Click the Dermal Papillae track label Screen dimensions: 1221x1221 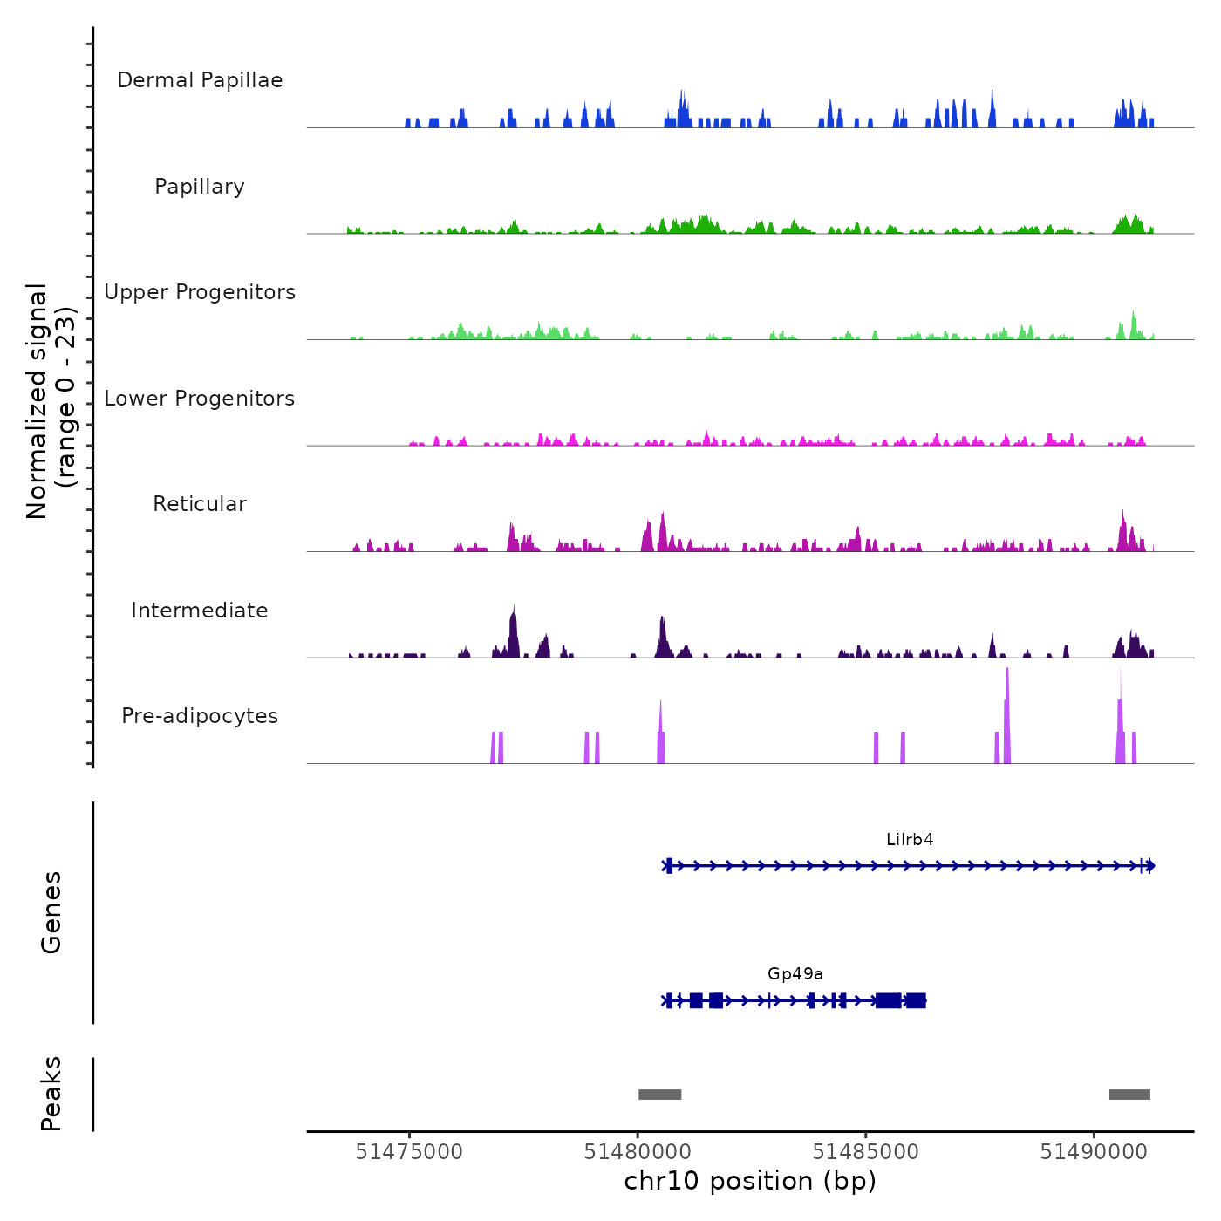coord(200,80)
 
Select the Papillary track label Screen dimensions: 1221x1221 coord(200,187)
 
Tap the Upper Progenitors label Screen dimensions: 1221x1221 coord(200,292)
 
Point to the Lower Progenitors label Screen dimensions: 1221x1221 coord(200,399)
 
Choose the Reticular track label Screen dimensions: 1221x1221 coord(200,504)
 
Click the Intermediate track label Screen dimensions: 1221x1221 coord(200,610)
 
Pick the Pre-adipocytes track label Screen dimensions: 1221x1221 coord(200,716)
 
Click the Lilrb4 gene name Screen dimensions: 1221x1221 coord(910,840)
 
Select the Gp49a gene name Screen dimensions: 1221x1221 coord(795,974)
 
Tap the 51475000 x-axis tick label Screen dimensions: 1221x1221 coord(409,1152)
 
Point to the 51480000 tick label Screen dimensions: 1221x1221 coord(638,1152)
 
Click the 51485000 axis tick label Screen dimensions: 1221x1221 coord(866,1152)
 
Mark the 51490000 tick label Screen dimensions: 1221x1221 coord(1094,1152)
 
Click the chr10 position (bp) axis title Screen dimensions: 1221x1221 coord(750,1182)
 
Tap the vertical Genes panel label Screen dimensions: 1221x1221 coord(51,912)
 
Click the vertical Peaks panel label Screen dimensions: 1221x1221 coord(51,1094)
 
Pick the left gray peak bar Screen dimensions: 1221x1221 coord(659,1095)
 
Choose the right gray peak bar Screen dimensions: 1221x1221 coord(1129,1095)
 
